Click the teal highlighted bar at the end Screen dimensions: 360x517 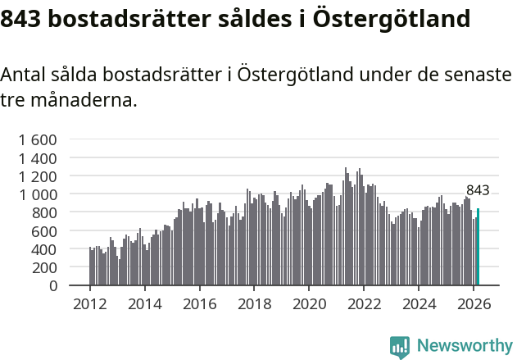tap(478, 247)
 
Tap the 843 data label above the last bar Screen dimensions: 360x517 tap(478, 190)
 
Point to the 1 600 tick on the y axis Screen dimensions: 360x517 tap(37, 139)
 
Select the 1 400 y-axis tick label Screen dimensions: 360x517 tap(37, 157)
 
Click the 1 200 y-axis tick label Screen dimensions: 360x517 tap(37, 176)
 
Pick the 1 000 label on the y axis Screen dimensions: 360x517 tap(37, 194)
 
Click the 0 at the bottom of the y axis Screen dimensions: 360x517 tap(52, 286)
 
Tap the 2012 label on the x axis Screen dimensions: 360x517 tap(89, 304)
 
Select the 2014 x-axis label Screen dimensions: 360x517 tap(144, 304)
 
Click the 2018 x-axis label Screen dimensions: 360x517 tap(254, 304)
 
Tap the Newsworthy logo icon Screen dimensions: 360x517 tap(400, 347)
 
